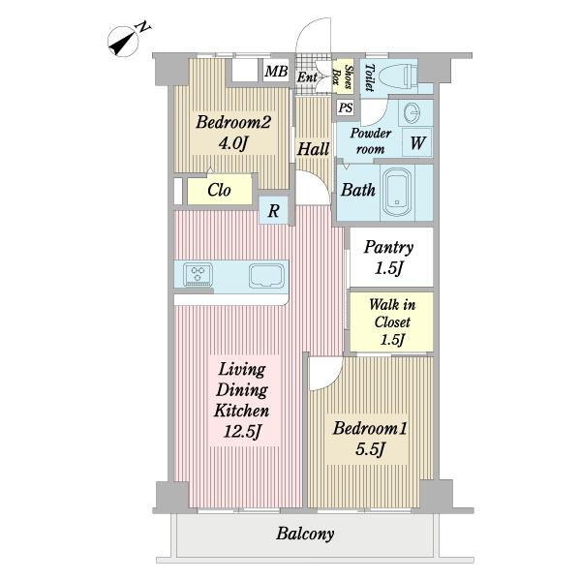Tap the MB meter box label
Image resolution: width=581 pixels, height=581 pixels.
point(276,71)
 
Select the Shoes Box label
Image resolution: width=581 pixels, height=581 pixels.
point(343,76)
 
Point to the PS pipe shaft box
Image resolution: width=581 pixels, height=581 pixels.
point(346,107)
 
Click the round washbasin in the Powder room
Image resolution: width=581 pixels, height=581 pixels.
point(412,112)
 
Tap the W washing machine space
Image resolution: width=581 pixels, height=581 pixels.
point(417,142)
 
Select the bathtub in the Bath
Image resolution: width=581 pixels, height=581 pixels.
point(397,193)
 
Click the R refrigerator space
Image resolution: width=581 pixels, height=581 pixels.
point(273,210)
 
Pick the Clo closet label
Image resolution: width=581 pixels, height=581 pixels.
point(219,190)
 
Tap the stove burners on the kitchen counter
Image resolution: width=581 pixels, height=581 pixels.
point(198,274)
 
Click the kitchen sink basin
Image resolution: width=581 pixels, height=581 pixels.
point(266,276)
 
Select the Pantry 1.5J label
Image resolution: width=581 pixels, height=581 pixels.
point(388,258)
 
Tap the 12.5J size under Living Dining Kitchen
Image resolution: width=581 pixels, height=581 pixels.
point(242,431)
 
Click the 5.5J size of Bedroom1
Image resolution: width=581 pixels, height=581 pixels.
point(370,448)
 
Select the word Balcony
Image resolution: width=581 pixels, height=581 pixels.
point(305,534)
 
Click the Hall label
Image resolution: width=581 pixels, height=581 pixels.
point(313,149)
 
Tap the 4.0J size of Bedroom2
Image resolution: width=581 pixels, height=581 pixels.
point(232,142)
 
